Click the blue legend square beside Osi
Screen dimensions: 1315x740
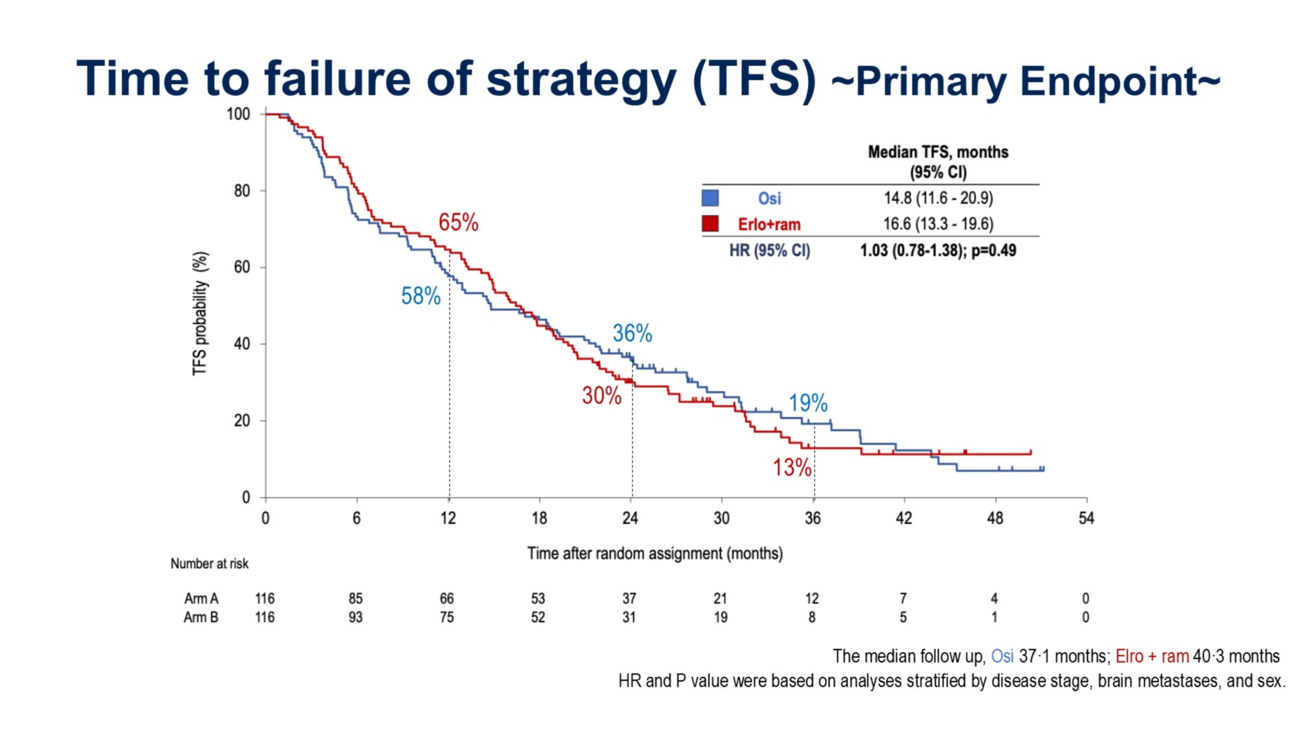[710, 198]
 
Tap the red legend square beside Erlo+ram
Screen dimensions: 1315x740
[710, 224]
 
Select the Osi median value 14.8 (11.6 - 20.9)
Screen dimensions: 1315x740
[938, 198]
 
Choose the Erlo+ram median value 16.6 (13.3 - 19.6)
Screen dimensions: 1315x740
[938, 224]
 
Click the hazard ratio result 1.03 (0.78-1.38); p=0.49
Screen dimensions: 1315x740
[938, 250]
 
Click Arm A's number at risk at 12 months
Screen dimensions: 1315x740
[447, 598]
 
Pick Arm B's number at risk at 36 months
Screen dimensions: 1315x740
[812, 617]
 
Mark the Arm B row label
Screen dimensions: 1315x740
[201, 617]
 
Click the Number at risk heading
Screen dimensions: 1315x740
[209, 563]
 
